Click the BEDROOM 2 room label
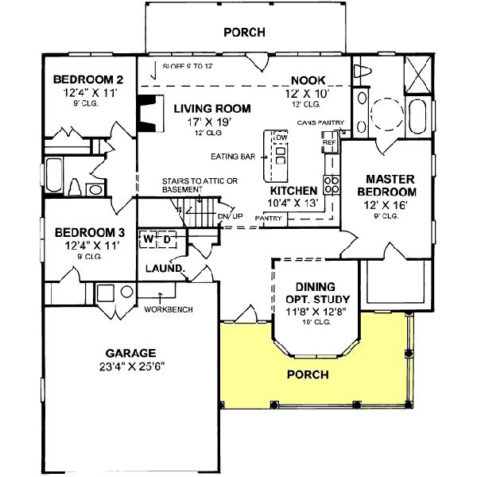click(x=87, y=79)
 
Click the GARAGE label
click(x=130, y=353)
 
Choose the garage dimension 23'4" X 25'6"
click(x=130, y=367)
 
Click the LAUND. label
click(x=165, y=269)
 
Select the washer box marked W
click(x=149, y=238)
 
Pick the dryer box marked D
click(x=167, y=238)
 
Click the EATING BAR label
click(x=233, y=157)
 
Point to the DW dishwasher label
click(x=280, y=138)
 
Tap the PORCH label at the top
click(x=244, y=33)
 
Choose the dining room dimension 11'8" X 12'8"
click(x=316, y=312)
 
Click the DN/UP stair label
click(x=229, y=216)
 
